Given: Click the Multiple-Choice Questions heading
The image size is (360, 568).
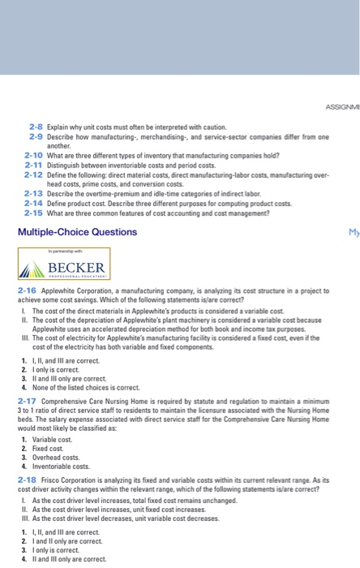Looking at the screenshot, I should [72, 231].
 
